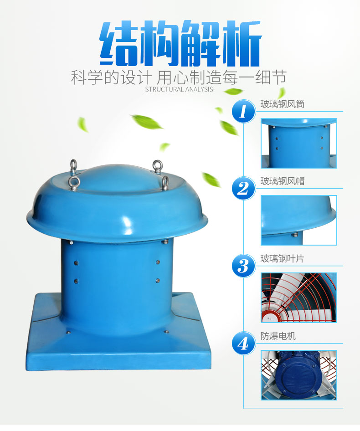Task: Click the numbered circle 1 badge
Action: coord(243,111)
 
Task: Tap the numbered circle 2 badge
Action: coord(243,188)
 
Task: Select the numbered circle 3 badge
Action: coord(243,266)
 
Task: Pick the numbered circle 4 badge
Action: coord(243,343)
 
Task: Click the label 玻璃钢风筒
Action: coord(282,104)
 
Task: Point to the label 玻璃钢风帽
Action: coord(282,181)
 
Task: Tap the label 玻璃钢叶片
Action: coord(282,259)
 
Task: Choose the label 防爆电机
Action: coord(278,336)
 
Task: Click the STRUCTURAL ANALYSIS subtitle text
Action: coord(179,89)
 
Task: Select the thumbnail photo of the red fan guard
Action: coord(299,298)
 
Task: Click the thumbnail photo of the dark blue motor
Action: coord(299,375)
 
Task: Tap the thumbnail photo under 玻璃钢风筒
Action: coord(299,143)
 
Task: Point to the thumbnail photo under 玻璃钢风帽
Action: coord(299,220)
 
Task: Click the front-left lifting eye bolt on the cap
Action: coord(75,184)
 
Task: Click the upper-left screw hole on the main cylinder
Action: coord(76,263)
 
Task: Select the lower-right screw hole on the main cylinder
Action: coord(158,281)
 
